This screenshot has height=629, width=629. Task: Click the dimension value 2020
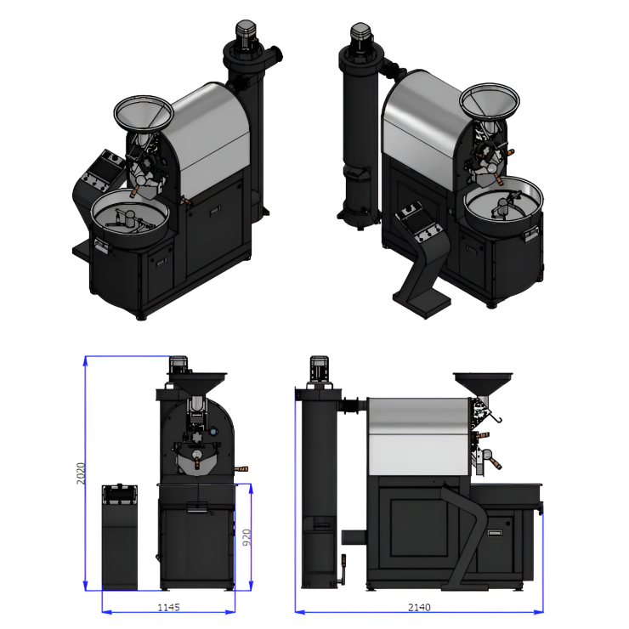(81, 473)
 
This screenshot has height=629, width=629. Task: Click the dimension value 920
(246, 537)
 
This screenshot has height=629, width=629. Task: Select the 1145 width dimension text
(168, 608)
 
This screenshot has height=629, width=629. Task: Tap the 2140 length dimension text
(419, 608)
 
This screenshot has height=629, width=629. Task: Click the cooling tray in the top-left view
(129, 218)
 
